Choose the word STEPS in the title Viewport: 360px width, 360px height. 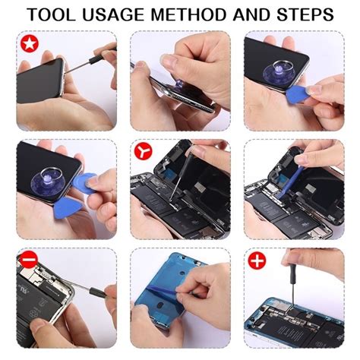(x=310, y=14)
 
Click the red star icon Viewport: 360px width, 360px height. (x=27, y=43)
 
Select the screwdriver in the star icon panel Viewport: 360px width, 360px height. (x=99, y=54)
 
